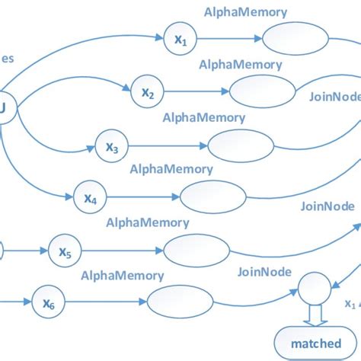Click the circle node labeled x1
click(x=177, y=39)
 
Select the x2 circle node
click(x=147, y=93)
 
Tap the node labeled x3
click(x=111, y=146)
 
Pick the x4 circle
click(x=89, y=199)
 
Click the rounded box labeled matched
click(x=315, y=342)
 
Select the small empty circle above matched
click(x=313, y=289)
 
